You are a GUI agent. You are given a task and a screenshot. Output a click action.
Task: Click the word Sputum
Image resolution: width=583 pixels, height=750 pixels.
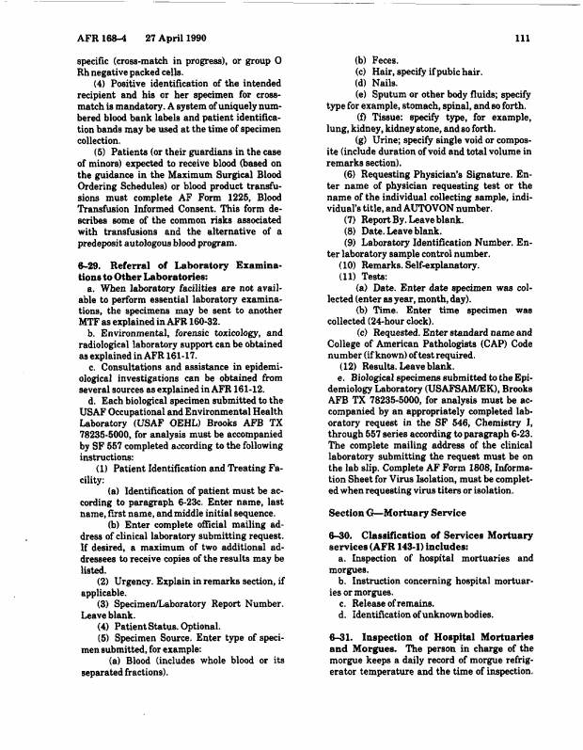coord(392,95)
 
